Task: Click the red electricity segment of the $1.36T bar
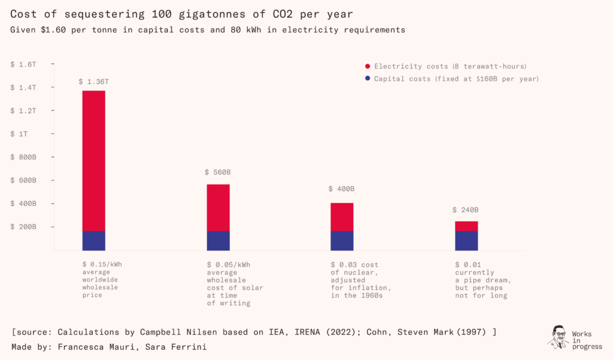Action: tap(94, 161)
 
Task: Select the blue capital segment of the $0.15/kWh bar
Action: tap(94, 240)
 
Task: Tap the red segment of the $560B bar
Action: tap(218, 207)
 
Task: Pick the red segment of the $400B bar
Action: tap(342, 217)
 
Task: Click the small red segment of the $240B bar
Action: tap(466, 226)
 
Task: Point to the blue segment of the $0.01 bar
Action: tap(466, 240)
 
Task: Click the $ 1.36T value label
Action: tap(94, 81)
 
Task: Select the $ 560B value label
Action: tap(218, 173)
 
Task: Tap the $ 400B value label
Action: tap(342, 189)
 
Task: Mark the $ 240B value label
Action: tap(466, 210)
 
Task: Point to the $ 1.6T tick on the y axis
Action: tap(23, 63)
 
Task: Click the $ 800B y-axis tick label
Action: tap(23, 157)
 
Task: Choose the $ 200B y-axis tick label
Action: tap(23, 227)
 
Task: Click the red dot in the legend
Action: tap(368, 66)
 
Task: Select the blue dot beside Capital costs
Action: tap(368, 79)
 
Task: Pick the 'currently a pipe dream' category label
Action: tap(481, 280)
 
